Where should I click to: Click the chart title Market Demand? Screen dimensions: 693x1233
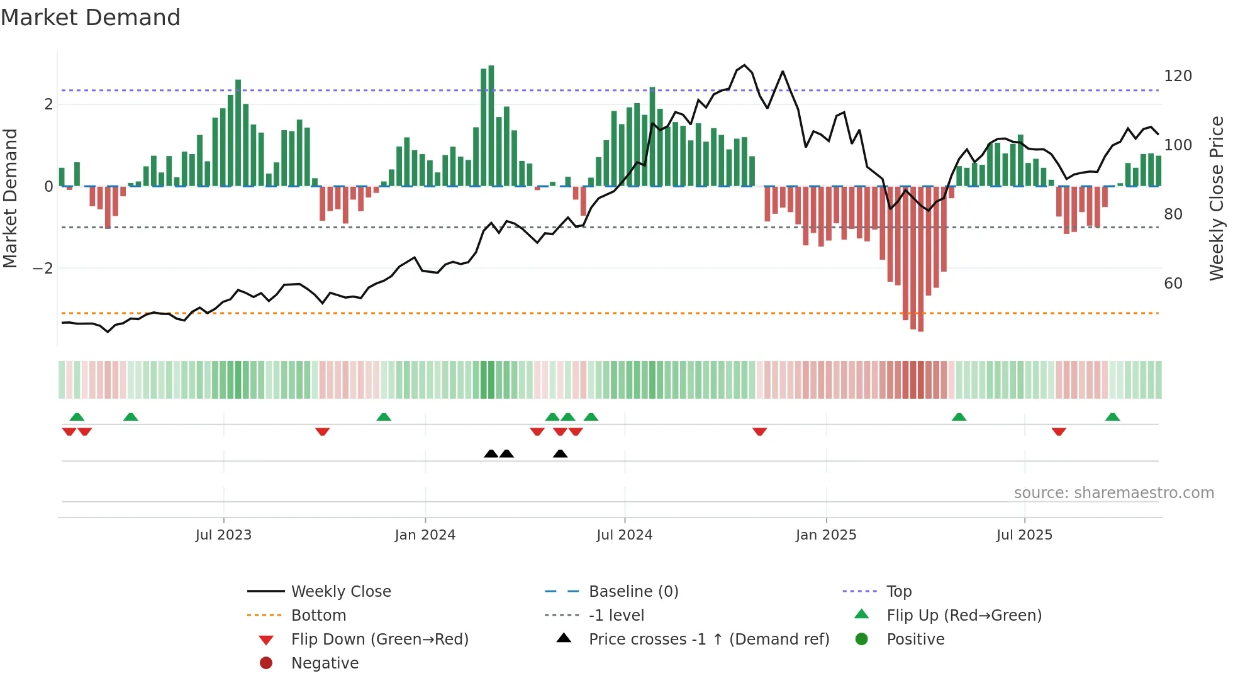[x=91, y=18]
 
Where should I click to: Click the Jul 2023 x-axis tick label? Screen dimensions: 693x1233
[x=223, y=535]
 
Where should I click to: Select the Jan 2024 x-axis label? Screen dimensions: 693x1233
[x=425, y=535]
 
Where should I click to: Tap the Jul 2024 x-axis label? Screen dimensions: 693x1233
[x=624, y=535]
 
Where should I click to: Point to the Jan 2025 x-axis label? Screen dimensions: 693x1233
[x=825, y=535]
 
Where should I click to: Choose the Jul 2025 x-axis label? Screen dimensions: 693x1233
[x=1024, y=535]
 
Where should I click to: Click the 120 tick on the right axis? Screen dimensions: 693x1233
[x=1178, y=76]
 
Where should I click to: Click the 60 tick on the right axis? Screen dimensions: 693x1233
[x=1173, y=284]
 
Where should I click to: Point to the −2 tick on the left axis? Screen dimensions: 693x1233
[x=43, y=269]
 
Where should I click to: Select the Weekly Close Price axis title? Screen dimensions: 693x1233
[x=1217, y=198]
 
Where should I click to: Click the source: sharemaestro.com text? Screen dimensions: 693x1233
[x=1113, y=493]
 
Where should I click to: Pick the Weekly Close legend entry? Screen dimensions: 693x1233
[x=340, y=592]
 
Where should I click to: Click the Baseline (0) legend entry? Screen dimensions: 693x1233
[x=633, y=592]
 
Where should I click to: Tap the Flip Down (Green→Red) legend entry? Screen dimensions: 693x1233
[x=379, y=640]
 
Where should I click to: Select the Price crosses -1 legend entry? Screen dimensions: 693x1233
[x=708, y=640]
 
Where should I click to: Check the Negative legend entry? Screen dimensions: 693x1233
[x=325, y=663]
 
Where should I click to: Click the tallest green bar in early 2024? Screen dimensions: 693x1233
[x=491, y=126]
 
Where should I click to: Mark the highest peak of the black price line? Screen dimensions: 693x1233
[x=745, y=65]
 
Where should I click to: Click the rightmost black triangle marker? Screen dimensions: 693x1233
[x=560, y=453]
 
